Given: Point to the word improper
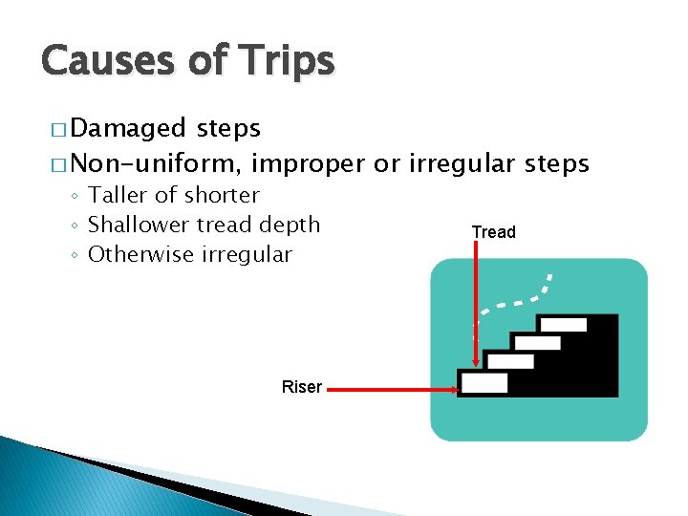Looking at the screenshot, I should click(309, 164).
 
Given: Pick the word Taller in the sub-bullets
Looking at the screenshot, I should click(118, 195).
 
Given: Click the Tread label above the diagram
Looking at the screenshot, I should click(493, 232).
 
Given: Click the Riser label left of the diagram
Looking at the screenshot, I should click(301, 387).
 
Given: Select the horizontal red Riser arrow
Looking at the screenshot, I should click(396, 389).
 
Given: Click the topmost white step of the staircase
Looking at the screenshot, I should click(570, 325).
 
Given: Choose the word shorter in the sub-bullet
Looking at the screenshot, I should click(222, 195).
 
